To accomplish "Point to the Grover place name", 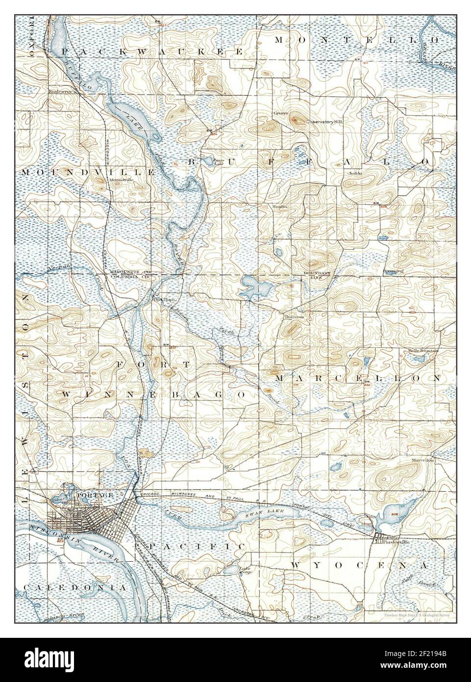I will tap(280, 113).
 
